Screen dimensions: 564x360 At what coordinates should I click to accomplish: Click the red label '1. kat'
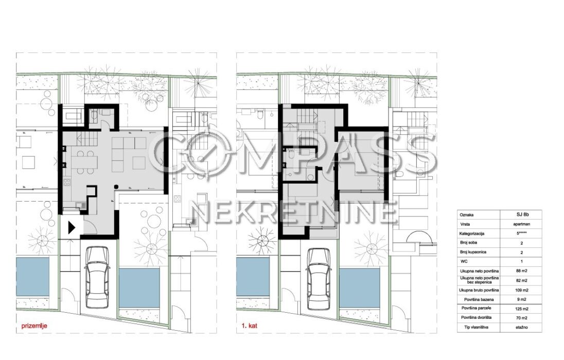tap(249, 327)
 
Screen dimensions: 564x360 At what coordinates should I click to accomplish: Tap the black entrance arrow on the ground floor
tap(72, 227)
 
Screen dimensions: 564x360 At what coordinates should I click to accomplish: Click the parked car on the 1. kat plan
tap(319, 279)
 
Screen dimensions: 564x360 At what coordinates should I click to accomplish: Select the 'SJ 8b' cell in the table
tap(522, 214)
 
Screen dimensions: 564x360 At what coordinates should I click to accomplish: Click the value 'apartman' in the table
tap(522, 224)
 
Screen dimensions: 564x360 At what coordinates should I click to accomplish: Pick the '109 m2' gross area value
tap(522, 290)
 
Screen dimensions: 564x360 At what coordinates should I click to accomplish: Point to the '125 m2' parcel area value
tap(522, 309)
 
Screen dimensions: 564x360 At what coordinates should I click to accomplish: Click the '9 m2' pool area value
tap(522, 299)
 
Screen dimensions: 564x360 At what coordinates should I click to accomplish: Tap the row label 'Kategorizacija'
tap(472, 233)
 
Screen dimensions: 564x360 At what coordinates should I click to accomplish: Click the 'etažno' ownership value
tap(522, 327)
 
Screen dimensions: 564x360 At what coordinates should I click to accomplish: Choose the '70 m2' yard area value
tap(522, 318)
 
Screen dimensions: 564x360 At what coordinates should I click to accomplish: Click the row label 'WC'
tap(464, 261)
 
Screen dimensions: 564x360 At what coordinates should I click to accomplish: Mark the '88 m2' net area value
tap(522, 271)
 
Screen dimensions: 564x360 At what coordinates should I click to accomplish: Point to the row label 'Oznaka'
tap(467, 214)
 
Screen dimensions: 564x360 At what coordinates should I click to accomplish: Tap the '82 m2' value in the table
tap(522, 280)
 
